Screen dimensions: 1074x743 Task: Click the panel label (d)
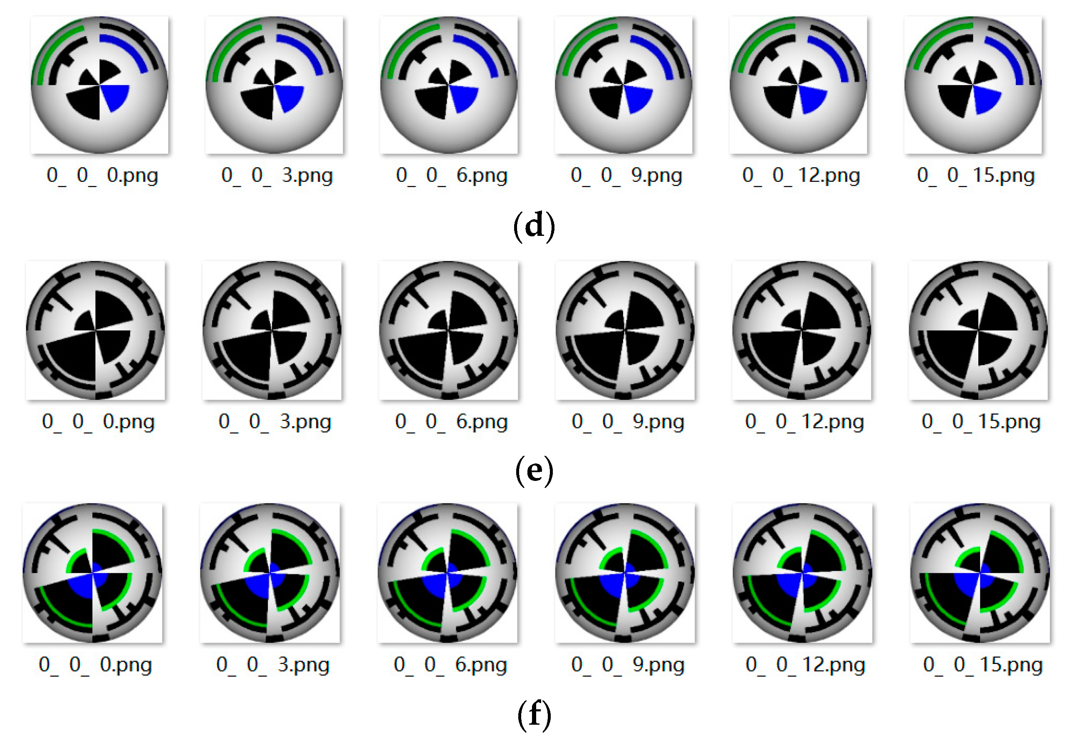click(x=534, y=226)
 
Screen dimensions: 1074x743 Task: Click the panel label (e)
click(x=534, y=470)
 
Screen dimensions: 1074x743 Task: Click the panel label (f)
click(x=534, y=714)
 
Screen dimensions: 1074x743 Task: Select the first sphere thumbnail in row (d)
click(x=99, y=85)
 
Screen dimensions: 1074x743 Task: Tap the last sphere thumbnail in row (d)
click(x=973, y=85)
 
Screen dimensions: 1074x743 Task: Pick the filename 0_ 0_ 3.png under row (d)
click(x=277, y=176)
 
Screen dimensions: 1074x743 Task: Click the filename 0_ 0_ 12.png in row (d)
click(x=801, y=176)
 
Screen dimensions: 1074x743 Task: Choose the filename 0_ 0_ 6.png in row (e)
click(x=451, y=421)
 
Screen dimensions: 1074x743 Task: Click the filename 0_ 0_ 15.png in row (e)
click(x=980, y=421)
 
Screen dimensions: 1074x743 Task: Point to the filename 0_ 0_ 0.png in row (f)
click(x=95, y=664)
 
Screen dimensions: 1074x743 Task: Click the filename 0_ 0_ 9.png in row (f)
click(x=628, y=664)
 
